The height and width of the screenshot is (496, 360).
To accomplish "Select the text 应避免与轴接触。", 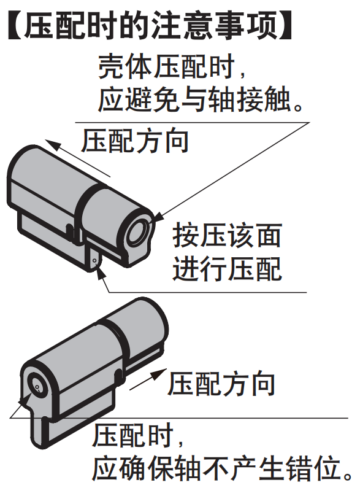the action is tap(201, 99).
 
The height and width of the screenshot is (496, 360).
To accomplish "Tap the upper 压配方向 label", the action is tap(135, 141).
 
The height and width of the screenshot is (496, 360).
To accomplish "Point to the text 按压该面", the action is tap(227, 236).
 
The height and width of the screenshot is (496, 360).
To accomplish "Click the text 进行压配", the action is tap(227, 269).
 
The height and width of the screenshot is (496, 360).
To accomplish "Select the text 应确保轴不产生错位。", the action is tap(222, 468).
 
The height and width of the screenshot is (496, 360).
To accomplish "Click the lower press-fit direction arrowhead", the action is tap(159, 374).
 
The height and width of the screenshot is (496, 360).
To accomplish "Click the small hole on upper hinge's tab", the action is tap(94, 260).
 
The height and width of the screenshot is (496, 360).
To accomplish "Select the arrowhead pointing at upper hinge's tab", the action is tap(101, 271).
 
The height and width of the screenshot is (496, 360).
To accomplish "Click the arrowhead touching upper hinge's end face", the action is tap(159, 217).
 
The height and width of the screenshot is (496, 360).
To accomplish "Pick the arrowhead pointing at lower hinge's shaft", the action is tap(26, 399).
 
